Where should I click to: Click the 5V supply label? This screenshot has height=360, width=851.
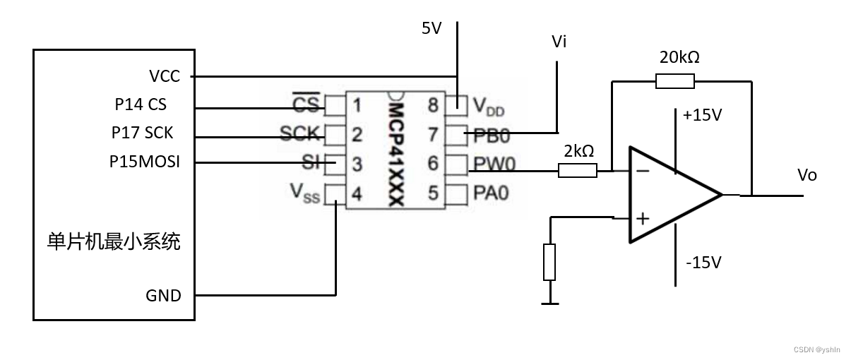431,28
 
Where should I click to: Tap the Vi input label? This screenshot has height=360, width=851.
559,42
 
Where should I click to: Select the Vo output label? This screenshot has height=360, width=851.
807,175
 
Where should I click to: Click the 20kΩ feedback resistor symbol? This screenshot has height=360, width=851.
674,81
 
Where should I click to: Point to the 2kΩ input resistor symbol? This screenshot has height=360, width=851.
578,170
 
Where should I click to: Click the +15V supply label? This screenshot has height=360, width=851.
703,115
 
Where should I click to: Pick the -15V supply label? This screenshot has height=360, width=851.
703,263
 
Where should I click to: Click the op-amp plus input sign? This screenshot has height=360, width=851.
642,218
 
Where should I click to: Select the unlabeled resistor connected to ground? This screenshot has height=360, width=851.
549,262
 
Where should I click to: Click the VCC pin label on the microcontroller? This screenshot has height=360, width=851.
165,76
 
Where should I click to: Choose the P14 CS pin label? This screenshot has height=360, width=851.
141,104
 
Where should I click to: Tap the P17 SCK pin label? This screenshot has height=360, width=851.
142,133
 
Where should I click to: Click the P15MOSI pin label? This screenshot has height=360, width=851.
144,162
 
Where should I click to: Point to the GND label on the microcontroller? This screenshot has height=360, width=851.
163,295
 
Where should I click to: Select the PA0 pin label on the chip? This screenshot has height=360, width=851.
491,192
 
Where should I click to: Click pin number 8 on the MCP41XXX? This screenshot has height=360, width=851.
432,106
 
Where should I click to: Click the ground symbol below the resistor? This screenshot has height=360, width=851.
549,304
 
